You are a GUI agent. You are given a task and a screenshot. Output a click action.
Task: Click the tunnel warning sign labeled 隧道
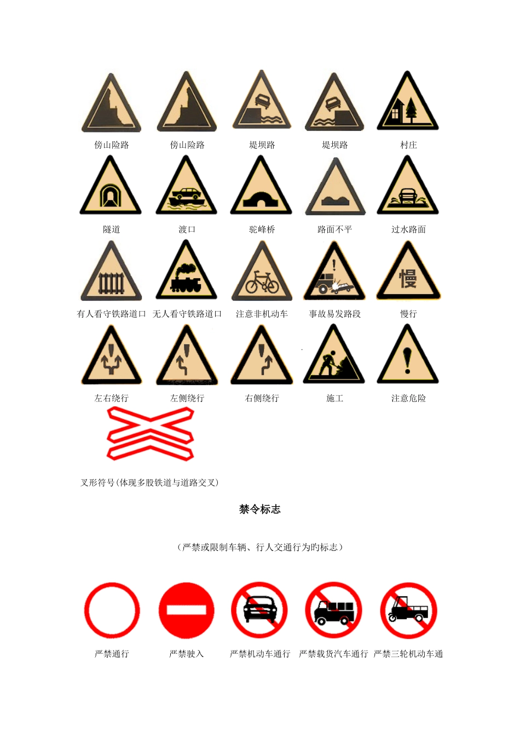tap(111, 187)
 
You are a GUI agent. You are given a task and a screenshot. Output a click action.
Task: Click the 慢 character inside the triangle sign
tap(408, 279)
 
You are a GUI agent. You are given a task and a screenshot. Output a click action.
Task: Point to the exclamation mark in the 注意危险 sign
tap(408, 360)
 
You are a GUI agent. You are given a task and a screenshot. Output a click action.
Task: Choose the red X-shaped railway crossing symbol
tap(151, 433)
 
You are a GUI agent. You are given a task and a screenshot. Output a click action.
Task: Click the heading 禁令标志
tap(260, 509)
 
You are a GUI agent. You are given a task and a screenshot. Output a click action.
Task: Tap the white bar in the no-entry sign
tap(186, 610)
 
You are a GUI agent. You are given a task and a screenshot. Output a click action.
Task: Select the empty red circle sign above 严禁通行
tap(112, 610)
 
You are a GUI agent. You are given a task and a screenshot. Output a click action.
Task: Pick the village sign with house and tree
tap(408, 101)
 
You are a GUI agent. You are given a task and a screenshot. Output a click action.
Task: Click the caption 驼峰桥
tap(262, 229)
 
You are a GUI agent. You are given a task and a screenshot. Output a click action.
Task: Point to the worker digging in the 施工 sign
tap(327, 363)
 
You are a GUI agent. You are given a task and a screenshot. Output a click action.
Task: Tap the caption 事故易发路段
tap(335, 314)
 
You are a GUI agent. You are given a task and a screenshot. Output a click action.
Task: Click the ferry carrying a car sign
tap(186, 186)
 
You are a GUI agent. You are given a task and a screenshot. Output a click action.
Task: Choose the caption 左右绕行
tap(111, 398)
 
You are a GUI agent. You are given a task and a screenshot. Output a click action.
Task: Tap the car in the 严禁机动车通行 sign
tap(260, 610)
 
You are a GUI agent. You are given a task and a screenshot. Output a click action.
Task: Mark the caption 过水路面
tap(408, 229)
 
